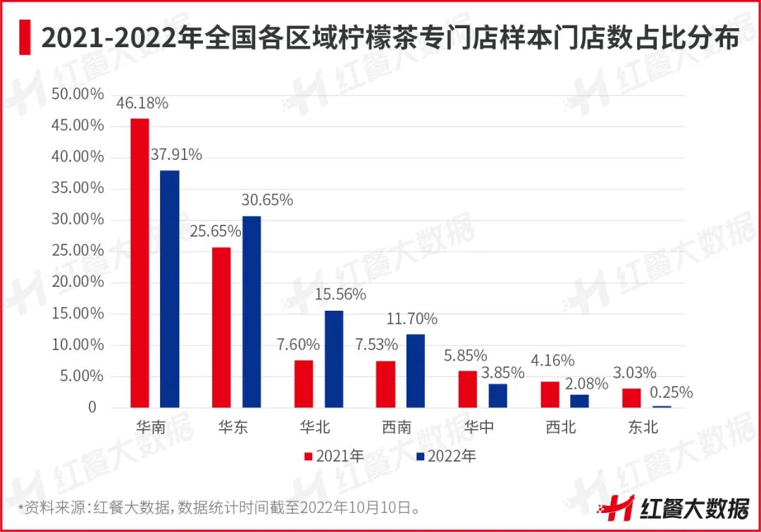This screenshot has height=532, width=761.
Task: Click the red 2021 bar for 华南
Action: click(x=140, y=263)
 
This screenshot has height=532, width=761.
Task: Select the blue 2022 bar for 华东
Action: click(x=252, y=311)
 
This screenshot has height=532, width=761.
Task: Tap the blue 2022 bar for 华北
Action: click(x=333, y=359)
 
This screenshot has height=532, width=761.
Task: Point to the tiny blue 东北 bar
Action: click(x=662, y=407)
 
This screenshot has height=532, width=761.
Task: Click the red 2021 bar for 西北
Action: click(x=550, y=395)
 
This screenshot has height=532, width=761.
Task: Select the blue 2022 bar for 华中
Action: click(x=498, y=395)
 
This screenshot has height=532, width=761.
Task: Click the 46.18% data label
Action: click(x=142, y=103)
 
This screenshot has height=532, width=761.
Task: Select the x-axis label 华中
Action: click(x=478, y=427)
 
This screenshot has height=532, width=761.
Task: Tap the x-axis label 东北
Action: click(x=643, y=427)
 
